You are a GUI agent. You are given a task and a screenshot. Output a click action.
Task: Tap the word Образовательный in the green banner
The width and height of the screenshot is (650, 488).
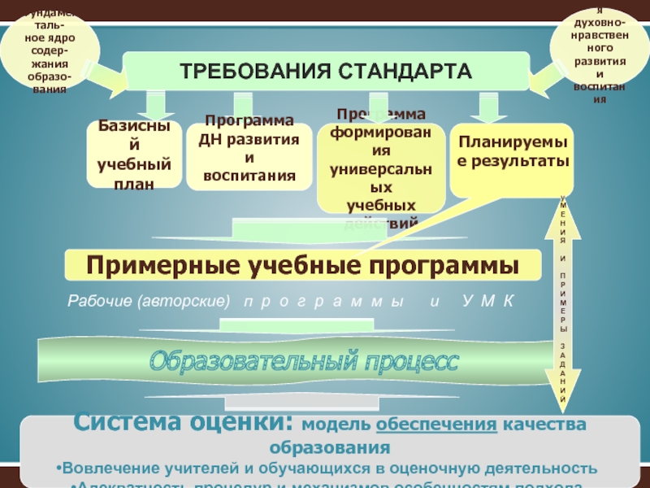[x=257, y=359]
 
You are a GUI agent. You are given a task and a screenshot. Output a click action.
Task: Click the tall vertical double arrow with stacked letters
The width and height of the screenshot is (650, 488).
[x=563, y=301]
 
